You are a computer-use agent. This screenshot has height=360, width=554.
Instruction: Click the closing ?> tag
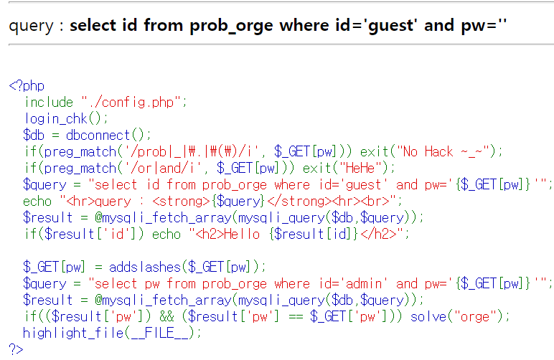16,349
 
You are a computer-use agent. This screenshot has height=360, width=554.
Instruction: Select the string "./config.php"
133,102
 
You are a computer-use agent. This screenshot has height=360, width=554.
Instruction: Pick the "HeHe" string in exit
366,168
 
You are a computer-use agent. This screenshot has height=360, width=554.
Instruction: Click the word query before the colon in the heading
31,26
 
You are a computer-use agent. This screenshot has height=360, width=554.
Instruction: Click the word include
49,102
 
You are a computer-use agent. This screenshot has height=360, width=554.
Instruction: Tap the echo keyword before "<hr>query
37,201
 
